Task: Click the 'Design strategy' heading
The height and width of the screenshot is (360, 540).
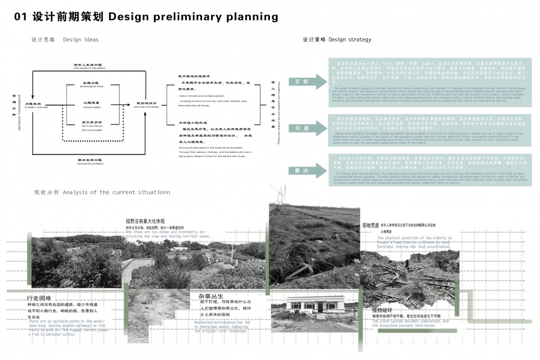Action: click(x=350, y=40)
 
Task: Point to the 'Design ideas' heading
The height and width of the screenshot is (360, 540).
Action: click(x=81, y=40)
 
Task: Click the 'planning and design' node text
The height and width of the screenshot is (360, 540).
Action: click(x=147, y=107)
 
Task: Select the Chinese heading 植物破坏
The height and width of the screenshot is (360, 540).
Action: click(x=382, y=310)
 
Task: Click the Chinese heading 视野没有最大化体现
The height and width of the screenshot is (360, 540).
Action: click(x=145, y=221)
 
